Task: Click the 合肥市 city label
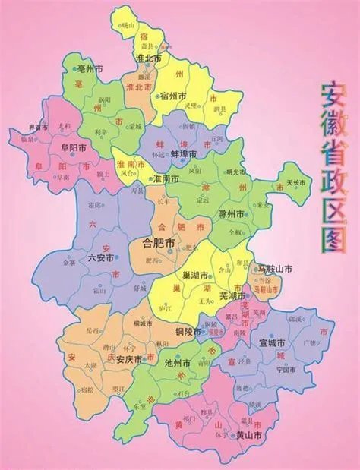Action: click(159, 243)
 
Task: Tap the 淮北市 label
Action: click(148, 58)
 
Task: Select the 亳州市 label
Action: click(92, 68)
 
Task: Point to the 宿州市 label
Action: click(173, 96)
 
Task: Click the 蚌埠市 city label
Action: click(184, 153)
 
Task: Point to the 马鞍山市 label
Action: click(270, 269)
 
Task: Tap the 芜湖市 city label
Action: click(232, 297)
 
